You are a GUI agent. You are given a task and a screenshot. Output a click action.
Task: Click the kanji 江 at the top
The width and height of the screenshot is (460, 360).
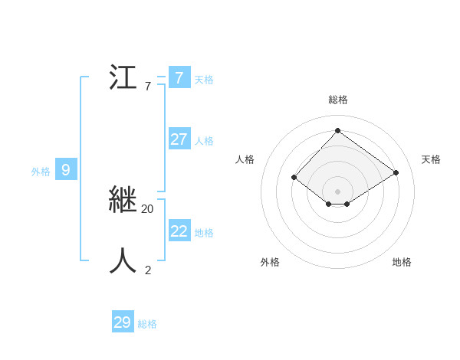coord(123,78)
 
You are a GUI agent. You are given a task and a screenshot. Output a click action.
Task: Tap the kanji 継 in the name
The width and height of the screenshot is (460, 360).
coord(123,200)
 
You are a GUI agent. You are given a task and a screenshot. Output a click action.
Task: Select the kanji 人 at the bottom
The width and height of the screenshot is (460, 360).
coord(123,260)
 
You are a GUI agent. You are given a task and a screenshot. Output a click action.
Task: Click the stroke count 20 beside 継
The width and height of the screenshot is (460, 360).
coord(147,208)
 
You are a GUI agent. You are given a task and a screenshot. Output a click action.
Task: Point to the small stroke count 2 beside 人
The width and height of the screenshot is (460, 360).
coord(148,270)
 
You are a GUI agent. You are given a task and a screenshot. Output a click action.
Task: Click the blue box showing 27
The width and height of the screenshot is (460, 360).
coord(179,139)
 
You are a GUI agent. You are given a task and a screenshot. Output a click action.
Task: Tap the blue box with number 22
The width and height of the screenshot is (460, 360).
coord(179,231)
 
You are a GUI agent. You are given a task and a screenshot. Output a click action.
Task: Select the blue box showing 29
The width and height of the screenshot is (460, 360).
coord(123,322)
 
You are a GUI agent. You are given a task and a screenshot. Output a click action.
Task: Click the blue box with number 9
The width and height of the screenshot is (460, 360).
coord(66,170)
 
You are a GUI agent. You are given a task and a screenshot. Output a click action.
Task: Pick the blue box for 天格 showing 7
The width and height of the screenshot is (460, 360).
coord(179,78)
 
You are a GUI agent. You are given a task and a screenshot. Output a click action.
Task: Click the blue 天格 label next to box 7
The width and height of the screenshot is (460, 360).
coord(204,80)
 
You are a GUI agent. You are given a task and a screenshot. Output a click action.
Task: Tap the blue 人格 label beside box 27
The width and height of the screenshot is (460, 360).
coord(204,141)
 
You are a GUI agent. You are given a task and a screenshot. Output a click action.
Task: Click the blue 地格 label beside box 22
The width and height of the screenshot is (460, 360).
coord(204,233)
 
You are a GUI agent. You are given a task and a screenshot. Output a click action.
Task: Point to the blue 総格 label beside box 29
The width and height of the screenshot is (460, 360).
coord(147,324)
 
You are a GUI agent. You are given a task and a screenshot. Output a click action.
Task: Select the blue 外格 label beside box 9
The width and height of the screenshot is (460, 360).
coord(41,172)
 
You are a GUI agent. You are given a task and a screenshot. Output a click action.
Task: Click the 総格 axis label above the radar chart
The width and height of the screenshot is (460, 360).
coord(337,100)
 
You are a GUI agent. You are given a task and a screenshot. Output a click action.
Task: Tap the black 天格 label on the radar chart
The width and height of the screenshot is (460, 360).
coord(431,159)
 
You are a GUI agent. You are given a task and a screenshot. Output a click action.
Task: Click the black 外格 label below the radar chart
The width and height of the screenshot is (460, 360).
coord(270,262)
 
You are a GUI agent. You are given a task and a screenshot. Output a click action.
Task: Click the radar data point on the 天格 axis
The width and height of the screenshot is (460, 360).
coord(396,173)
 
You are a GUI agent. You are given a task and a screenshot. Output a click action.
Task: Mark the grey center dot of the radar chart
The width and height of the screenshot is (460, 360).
coord(337,191)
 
